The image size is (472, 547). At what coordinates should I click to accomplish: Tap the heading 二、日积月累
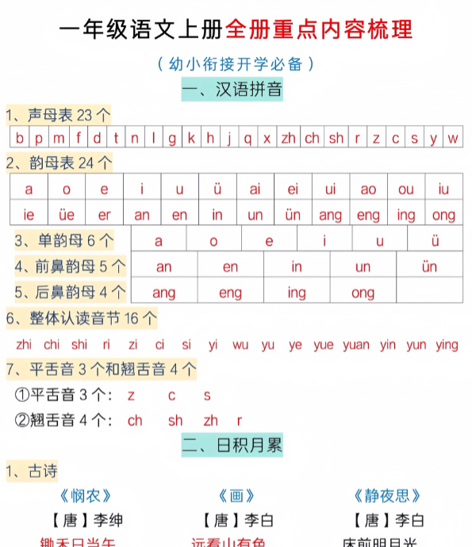[232, 445]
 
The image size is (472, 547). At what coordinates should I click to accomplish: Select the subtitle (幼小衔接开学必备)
[236, 63]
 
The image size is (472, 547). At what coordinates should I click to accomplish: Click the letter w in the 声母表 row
[452, 138]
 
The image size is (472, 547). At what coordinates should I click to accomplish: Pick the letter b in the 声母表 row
[19, 138]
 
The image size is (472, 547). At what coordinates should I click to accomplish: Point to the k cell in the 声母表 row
[191, 138]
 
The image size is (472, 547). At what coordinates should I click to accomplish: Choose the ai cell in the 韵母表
[255, 189]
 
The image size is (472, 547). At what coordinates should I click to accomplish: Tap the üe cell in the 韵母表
[67, 215]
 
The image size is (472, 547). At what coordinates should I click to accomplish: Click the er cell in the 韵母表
[105, 215]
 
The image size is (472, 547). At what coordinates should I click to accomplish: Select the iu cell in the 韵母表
[443, 189]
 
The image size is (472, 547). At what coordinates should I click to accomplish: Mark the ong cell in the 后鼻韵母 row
[363, 293]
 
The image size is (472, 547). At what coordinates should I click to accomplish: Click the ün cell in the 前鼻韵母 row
[429, 267]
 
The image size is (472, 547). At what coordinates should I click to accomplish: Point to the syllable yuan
[356, 345]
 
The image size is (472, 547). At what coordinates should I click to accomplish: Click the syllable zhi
[24, 345]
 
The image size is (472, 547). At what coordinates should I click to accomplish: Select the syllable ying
[447, 345]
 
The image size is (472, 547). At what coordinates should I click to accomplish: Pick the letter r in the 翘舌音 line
[239, 421]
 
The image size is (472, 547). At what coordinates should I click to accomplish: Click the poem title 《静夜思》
[388, 496]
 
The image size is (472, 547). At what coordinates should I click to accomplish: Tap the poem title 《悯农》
[86, 496]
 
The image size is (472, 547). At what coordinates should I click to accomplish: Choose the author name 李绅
[98, 520]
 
